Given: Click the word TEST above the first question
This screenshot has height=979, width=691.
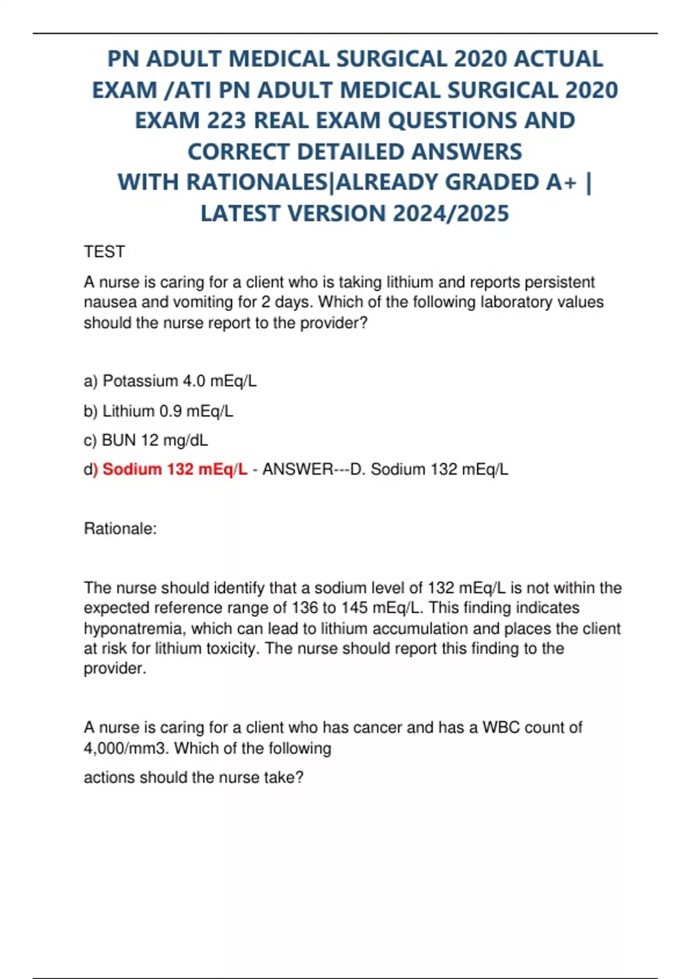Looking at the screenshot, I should tap(104, 252).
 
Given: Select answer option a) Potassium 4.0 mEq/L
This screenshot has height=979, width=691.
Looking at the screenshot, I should tap(170, 381).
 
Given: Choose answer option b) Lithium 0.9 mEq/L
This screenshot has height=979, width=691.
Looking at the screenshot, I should tap(158, 411).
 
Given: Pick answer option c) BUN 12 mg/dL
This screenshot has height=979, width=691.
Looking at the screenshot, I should tap(146, 441).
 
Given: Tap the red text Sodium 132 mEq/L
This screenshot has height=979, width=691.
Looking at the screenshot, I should tap(174, 469).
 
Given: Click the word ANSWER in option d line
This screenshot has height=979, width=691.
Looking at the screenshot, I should tap(298, 469).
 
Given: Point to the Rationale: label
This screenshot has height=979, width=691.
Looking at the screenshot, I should tap(120, 529).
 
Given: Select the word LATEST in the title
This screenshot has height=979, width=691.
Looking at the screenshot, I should tap(241, 214).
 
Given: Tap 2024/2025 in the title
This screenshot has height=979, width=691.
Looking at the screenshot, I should tap(451, 214).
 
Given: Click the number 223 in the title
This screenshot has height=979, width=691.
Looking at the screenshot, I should tap(224, 120).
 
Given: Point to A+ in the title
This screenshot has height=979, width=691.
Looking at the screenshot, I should tap(561, 182).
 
